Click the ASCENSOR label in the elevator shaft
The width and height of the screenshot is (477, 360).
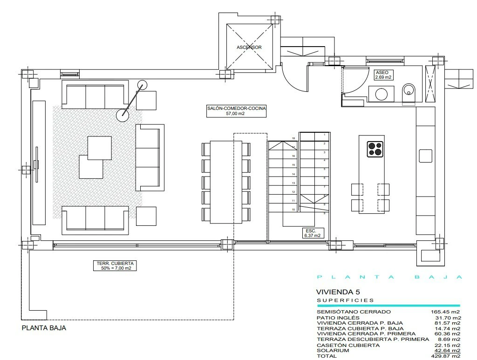(x=249, y=48)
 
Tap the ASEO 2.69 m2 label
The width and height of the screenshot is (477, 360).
(x=383, y=75)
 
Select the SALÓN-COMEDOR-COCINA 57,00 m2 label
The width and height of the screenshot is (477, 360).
(x=236, y=111)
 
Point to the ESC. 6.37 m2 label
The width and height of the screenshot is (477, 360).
(x=313, y=233)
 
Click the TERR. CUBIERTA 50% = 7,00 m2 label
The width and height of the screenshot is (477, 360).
(x=115, y=266)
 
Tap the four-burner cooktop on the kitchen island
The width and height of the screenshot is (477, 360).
(x=375, y=149)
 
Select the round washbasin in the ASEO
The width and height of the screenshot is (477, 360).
(x=382, y=94)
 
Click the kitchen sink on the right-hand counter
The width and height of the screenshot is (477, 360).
(x=426, y=156)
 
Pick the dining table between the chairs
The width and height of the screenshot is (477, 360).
(x=226, y=182)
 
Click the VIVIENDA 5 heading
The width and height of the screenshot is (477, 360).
(x=338, y=292)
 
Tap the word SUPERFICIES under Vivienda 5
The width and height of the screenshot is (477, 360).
(x=345, y=300)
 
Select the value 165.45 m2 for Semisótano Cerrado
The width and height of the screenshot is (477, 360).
(x=445, y=312)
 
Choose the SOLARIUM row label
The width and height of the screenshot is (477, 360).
(x=333, y=351)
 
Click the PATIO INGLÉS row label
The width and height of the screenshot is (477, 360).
(x=338, y=318)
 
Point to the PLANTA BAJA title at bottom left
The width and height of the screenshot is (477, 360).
(x=44, y=328)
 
